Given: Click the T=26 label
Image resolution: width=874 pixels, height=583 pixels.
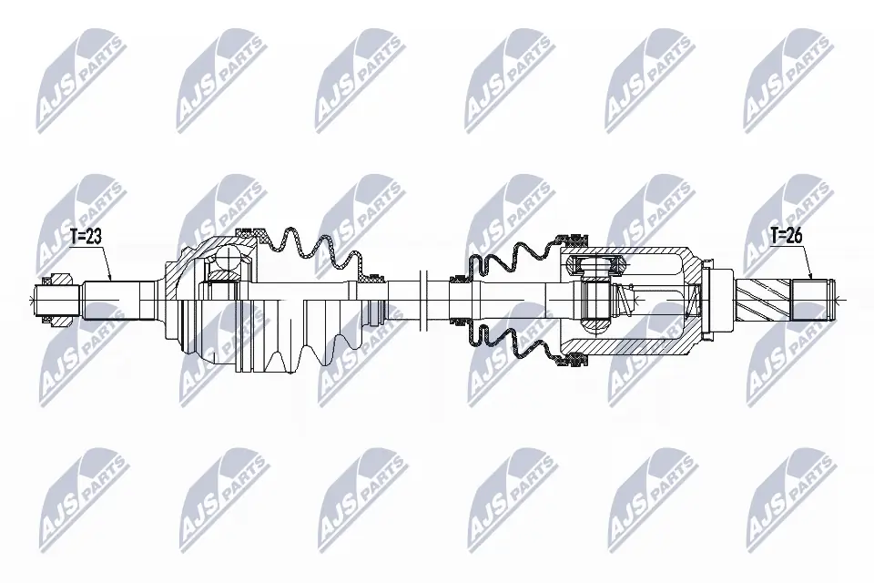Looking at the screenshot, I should click(786, 236).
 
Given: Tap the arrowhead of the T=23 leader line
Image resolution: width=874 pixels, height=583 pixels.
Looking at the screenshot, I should click(110, 278).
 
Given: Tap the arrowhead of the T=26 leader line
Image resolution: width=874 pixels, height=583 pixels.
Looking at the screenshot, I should click(809, 278).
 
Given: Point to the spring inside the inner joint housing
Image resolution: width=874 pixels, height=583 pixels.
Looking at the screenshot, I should click(624, 296).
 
